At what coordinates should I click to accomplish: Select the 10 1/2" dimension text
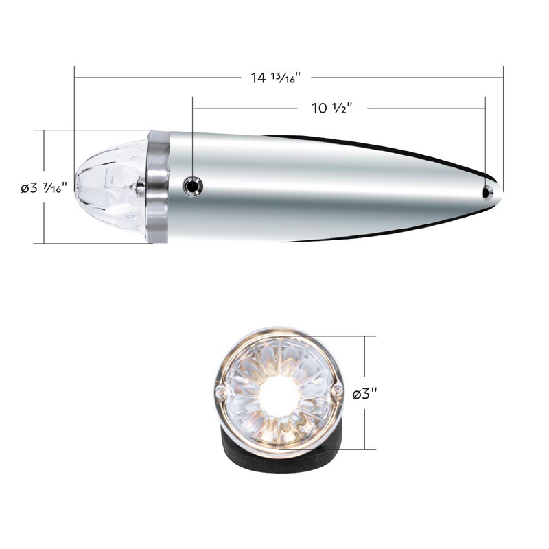pos(331,108)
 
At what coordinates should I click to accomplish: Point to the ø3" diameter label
pos(366,395)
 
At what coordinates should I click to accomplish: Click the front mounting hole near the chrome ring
pos(194,185)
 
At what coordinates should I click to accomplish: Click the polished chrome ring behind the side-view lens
pos(157,185)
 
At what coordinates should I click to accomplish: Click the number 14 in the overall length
pos(258,78)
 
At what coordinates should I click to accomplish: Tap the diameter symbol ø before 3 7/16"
pos(26,187)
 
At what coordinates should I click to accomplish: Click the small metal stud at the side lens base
pos(140,183)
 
